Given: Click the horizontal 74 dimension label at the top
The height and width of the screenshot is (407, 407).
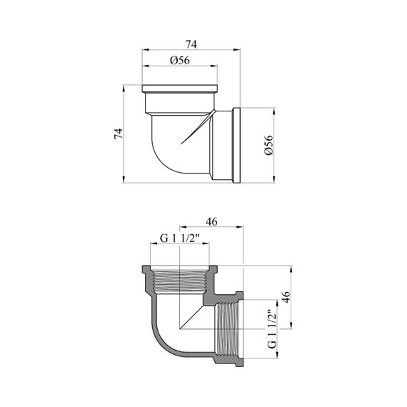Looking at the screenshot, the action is (x=191, y=44).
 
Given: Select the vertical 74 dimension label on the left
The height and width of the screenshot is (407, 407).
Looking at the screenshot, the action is (x=119, y=134).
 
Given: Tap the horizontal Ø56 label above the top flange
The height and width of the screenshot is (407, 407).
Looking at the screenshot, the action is (x=180, y=61).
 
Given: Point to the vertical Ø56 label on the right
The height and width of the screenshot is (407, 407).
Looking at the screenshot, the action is (x=269, y=145).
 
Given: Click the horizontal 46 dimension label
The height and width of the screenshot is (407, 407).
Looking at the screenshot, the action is (x=211, y=222).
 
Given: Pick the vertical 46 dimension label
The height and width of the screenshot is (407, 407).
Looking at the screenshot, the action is (x=286, y=297).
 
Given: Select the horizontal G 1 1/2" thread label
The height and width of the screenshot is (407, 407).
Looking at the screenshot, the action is (x=180, y=238).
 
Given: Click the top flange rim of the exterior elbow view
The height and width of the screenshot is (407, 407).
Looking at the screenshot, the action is (x=180, y=89).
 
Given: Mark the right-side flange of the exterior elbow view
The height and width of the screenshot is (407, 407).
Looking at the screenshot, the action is (x=236, y=145).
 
